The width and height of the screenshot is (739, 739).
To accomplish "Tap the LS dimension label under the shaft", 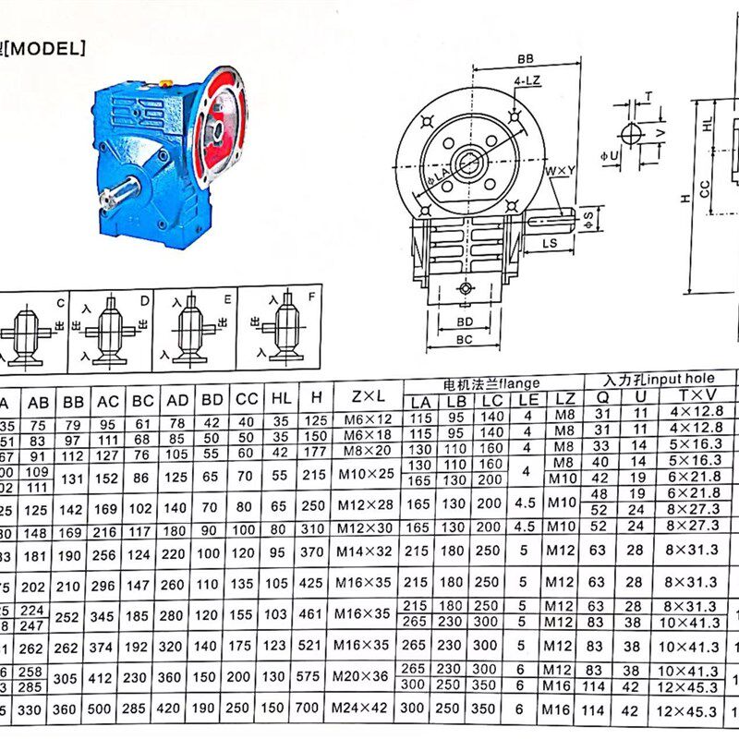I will [x=549, y=243].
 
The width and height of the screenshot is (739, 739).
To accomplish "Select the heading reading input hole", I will [x=660, y=379].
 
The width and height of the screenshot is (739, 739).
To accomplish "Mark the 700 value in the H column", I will [x=316, y=709].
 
